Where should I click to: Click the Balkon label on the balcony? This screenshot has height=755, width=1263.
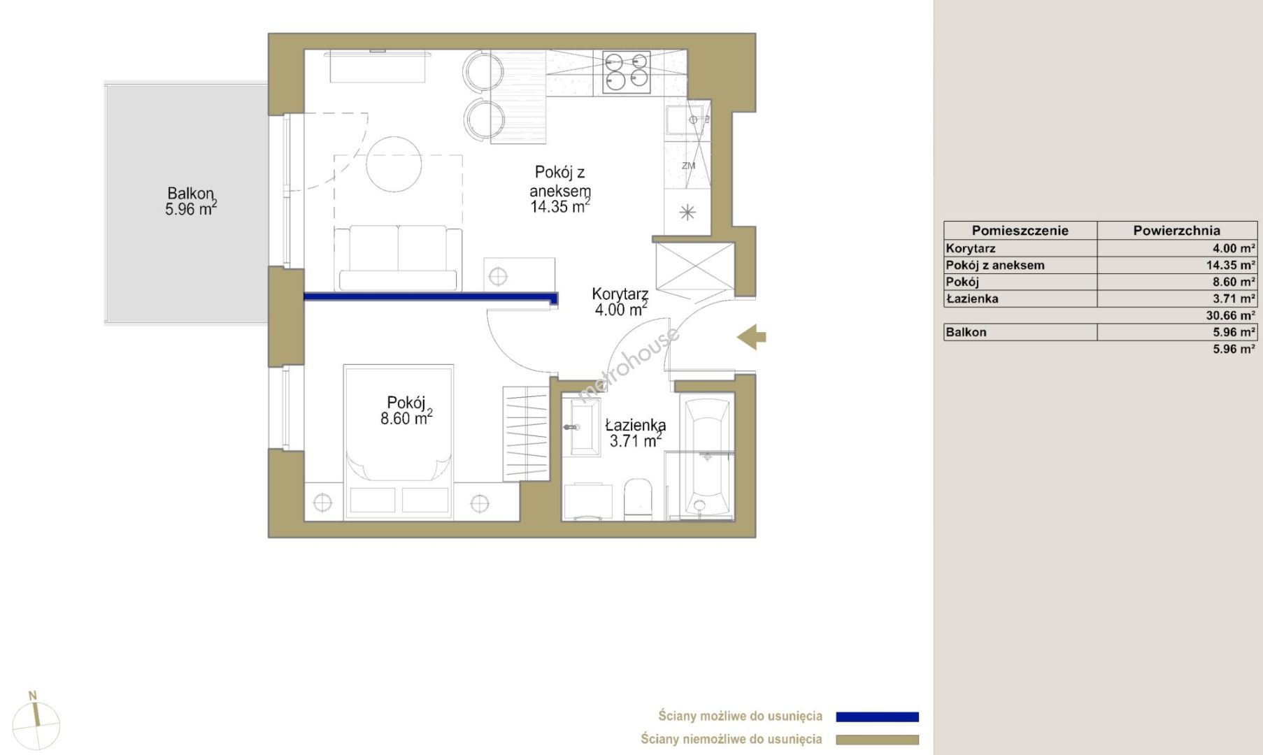coord(190,194)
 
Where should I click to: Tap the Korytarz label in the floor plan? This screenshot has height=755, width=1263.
coord(620,294)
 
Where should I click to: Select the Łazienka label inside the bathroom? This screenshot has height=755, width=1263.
coord(636,425)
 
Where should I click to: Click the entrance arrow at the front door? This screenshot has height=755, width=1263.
coord(751,337)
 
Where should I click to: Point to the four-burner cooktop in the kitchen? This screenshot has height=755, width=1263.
coord(627,71)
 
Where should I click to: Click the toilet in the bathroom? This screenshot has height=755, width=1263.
coord(637,499)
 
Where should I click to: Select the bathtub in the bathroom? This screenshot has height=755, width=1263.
coord(707,458)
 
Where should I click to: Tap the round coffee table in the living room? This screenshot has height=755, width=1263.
coord(394,164)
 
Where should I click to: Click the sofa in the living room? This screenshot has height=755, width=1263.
coord(398,258)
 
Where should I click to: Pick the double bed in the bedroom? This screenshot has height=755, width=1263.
coord(399,442)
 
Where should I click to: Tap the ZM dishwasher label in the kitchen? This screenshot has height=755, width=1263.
coord(689,166)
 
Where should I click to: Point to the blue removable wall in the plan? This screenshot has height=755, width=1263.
coord(431,297)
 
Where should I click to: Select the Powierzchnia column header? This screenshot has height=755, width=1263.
coord(1177,231)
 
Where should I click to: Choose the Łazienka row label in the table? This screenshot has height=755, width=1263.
coord(972,299)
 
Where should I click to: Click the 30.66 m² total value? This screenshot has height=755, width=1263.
coord(1230,315)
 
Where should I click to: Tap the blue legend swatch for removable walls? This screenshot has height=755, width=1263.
coord(877,717)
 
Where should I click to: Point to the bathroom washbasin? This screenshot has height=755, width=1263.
coord(581,426)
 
